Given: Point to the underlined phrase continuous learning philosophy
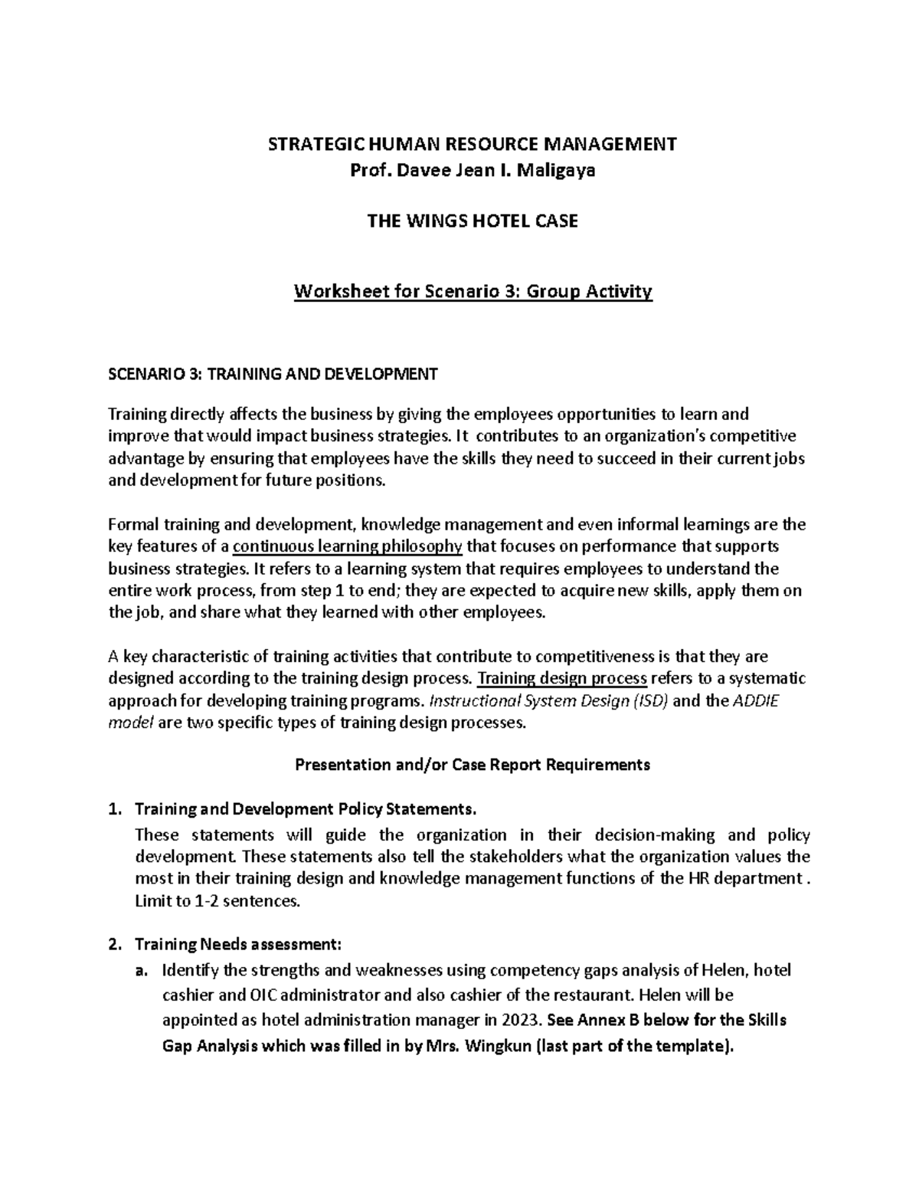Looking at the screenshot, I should pyautogui.click(x=348, y=546).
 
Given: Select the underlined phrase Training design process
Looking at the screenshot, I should pyautogui.click(x=563, y=679).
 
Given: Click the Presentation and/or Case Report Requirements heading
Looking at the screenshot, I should pyautogui.click(x=473, y=765).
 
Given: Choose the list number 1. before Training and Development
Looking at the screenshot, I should pyautogui.click(x=116, y=810).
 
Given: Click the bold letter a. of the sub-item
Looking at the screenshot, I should pyautogui.click(x=139, y=972).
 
